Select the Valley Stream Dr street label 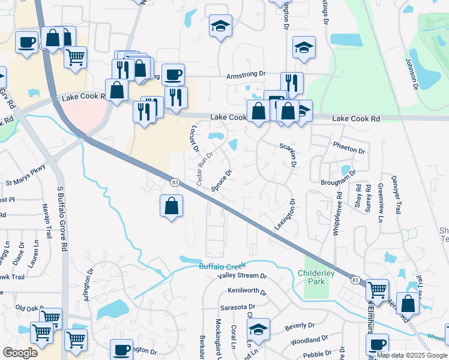[x=242, y=276]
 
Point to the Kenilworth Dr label [x=247, y=291]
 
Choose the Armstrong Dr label [x=246, y=74]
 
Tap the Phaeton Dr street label [x=349, y=150]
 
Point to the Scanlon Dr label [x=289, y=154]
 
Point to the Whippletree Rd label [x=337, y=214]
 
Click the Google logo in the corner [x=20, y=353]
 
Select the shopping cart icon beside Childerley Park [x=377, y=290]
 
